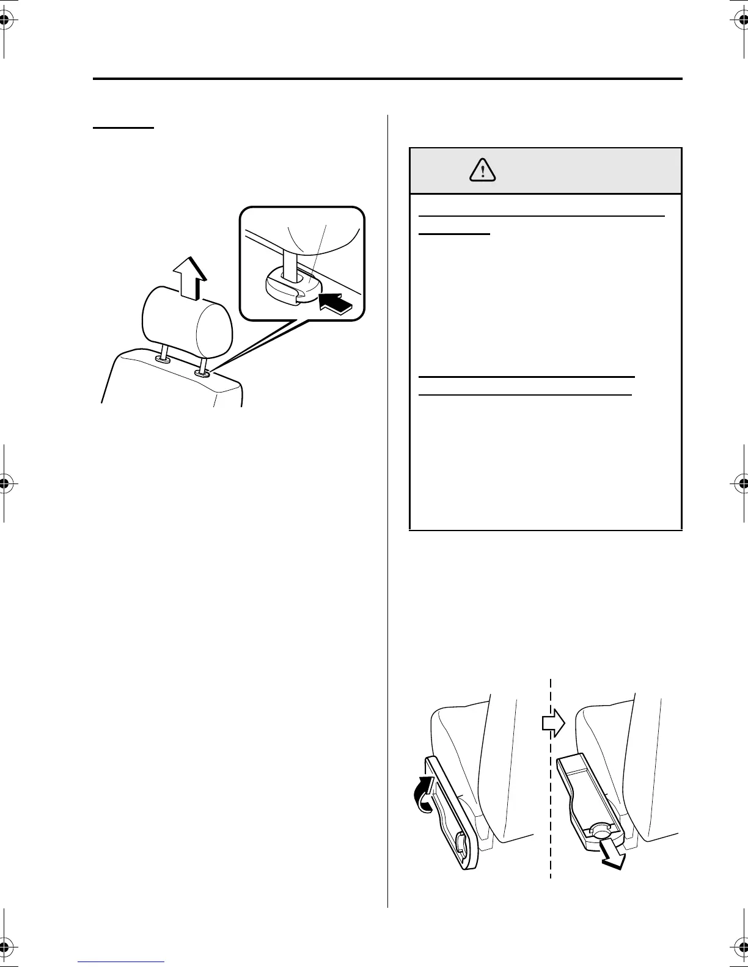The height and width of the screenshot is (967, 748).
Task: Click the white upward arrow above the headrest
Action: (x=189, y=278)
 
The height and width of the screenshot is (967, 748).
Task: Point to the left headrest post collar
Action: (x=163, y=360)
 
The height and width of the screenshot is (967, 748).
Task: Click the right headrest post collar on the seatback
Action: (x=202, y=373)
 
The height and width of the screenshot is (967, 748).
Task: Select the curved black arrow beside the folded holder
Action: (x=424, y=794)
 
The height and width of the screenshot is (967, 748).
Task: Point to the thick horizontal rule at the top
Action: (x=387, y=79)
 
